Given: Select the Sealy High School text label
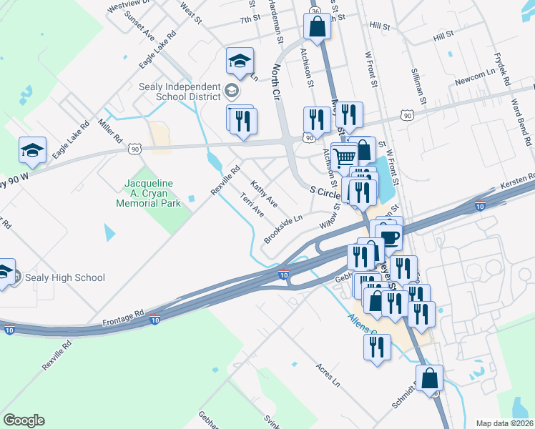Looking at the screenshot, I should click(x=64, y=277).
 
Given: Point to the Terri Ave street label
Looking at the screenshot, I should click(x=252, y=205).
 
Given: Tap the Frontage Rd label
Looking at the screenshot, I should click(x=123, y=313).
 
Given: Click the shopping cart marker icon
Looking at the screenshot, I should click(x=345, y=157).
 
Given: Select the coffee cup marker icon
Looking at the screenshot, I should click(x=390, y=237).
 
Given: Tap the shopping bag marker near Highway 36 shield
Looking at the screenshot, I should click(x=316, y=27).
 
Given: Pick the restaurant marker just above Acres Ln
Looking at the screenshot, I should click(x=376, y=347).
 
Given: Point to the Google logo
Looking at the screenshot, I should click(x=24, y=420).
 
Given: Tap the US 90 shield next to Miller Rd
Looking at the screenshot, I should click(x=134, y=148).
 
